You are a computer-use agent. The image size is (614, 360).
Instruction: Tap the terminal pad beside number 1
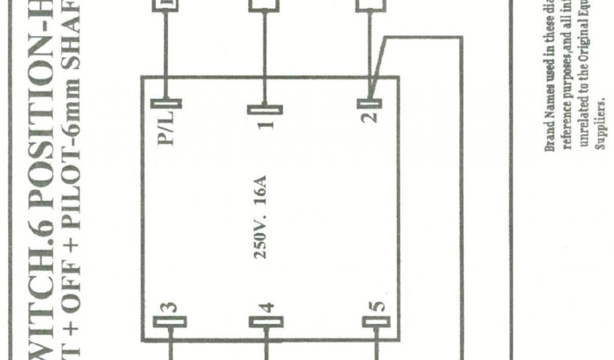[x=264, y=109]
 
